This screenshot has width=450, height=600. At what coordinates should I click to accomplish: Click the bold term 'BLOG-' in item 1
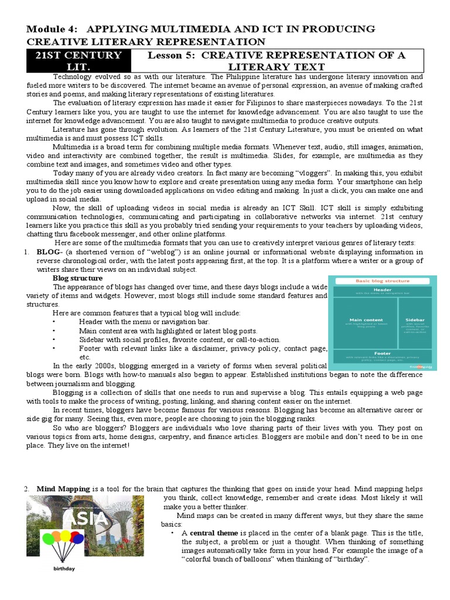click(49, 252)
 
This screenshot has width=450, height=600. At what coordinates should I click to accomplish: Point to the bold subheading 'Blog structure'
click(77, 278)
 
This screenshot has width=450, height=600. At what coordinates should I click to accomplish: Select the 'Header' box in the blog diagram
click(383, 291)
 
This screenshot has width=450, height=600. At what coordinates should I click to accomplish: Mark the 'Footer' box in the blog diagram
click(383, 356)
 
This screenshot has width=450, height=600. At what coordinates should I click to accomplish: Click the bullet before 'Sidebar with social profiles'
click(54, 339)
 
